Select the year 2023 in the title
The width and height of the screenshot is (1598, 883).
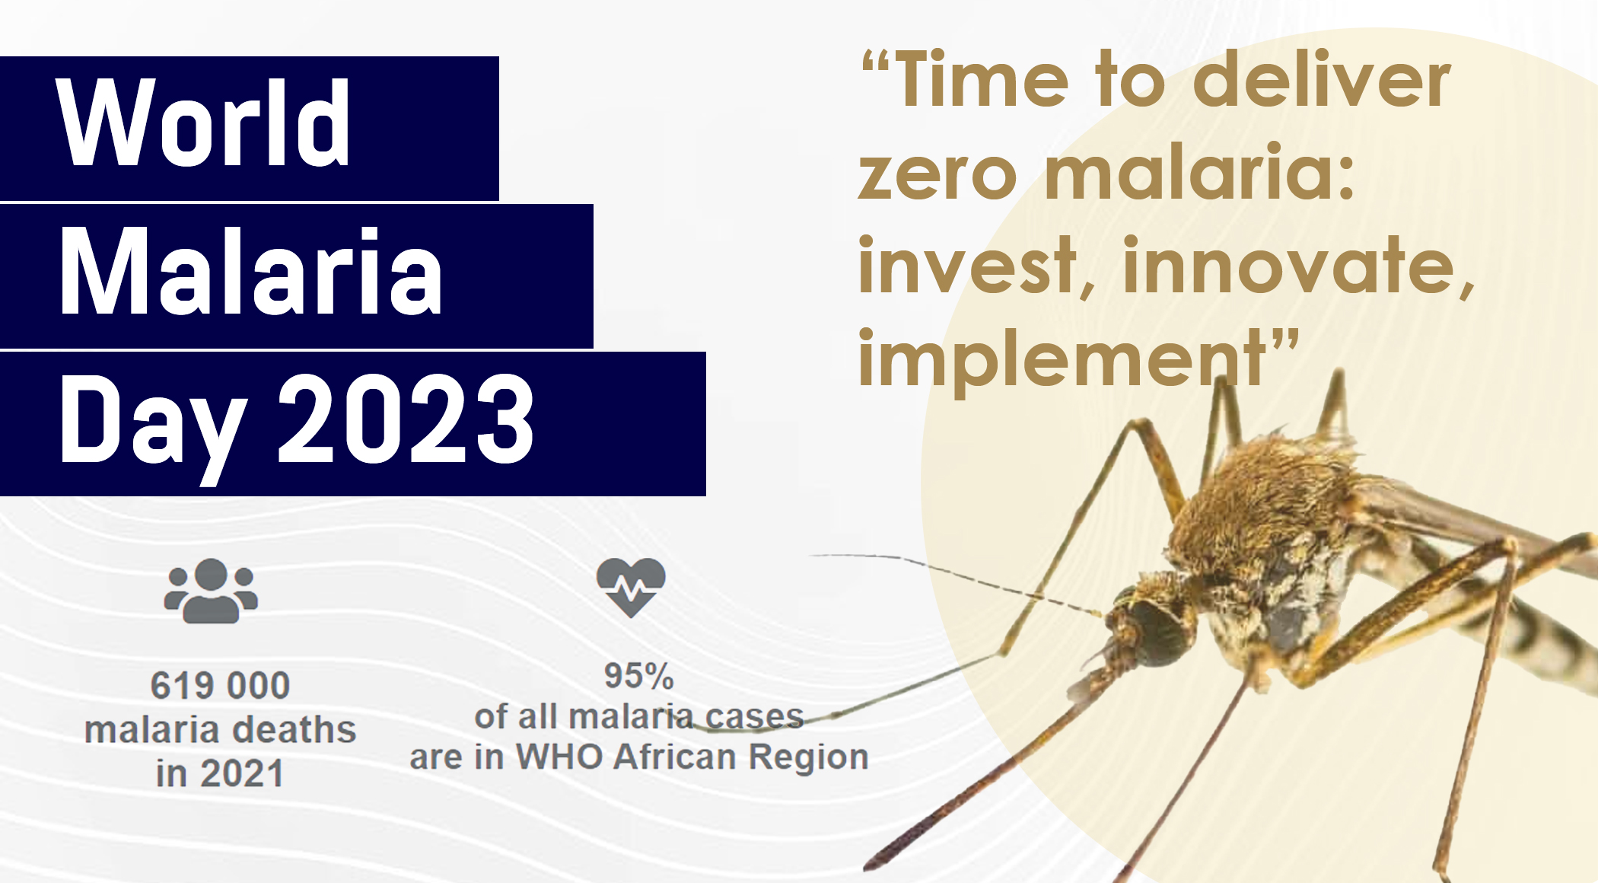tap(406, 419)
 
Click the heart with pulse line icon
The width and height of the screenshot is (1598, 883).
tap(631, 587)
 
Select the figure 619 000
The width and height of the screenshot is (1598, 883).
tap(220, 685)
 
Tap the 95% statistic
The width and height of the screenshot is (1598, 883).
tap(639, 675)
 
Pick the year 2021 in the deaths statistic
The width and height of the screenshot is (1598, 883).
tap(242, 774)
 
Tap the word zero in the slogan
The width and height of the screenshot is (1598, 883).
tap(937, 176)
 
